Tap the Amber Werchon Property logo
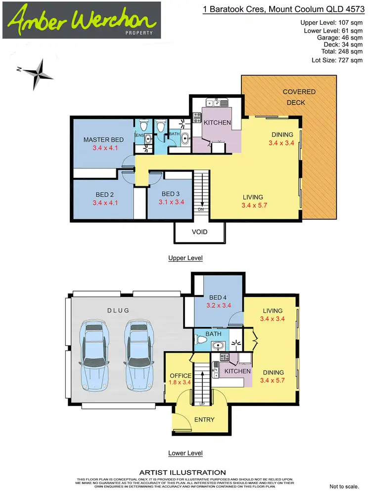[81, 20]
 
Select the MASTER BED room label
[103, 140]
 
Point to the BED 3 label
[171, 193]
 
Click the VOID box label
[200, 232]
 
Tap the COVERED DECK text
[299, 97]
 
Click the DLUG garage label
[118, 310]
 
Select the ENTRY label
[204, 420]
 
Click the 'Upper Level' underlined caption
[185, 258]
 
